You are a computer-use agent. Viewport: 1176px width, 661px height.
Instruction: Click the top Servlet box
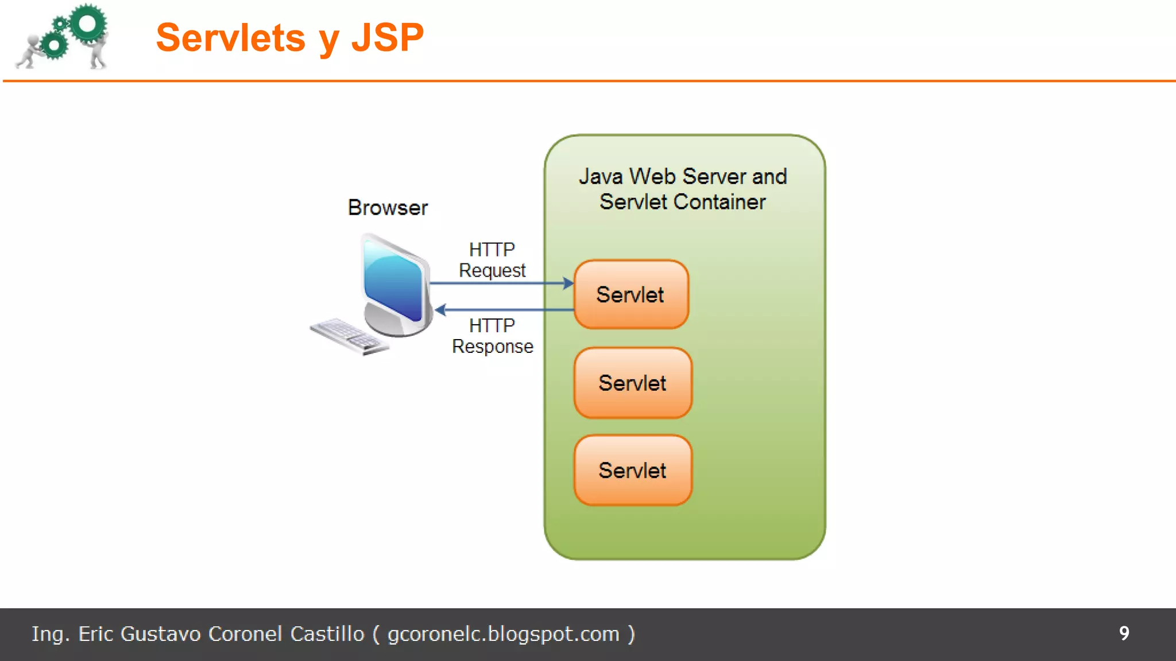click(631, 294)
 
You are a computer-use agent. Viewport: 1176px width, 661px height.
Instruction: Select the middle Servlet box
click(633, 383)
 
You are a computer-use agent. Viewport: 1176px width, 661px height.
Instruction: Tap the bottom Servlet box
click(633, 471)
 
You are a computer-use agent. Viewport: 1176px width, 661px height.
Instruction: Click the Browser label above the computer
click(388, 208)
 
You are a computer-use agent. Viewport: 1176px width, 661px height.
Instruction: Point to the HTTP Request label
click(492, 260)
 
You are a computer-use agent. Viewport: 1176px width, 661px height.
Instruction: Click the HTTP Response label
click(492, 336)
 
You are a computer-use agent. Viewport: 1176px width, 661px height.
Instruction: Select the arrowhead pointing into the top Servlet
click(568, 283)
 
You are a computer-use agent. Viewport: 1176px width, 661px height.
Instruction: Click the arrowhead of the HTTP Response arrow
click(441, 310)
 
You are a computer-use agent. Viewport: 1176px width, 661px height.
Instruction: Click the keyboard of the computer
click(348, 336)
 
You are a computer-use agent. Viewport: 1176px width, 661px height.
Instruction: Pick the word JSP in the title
click(387, 38)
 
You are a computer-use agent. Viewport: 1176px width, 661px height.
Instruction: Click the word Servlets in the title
click(231, 38)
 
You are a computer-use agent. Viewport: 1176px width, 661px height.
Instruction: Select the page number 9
click(1124, 633)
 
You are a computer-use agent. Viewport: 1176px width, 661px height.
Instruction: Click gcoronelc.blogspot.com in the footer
click(503, 634)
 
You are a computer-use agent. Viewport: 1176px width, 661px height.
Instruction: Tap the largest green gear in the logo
click(88, 24)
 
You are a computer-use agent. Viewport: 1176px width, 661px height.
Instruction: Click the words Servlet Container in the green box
click(682, 202)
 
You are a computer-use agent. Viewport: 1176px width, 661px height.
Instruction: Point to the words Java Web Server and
click(682, 176)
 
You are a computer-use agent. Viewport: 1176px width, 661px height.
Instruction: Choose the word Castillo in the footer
click(327, 634)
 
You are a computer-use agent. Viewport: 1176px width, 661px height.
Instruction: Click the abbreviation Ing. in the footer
click(50, 634)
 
